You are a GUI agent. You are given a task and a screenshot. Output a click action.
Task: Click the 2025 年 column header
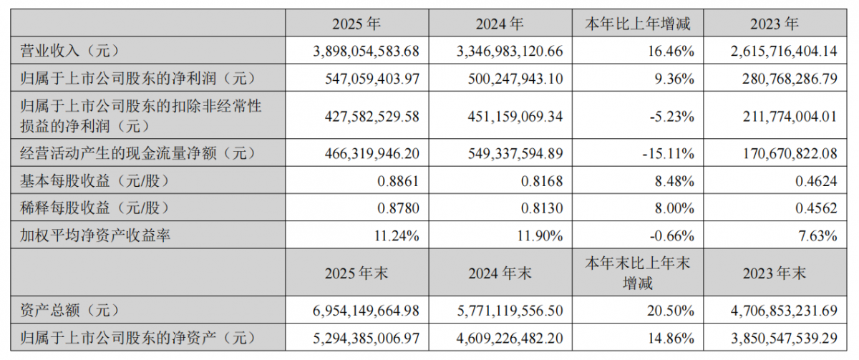pyautogui.click(x=356, y=24)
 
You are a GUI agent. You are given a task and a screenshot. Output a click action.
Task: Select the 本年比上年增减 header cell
pyautogui.click(x=637, y=24)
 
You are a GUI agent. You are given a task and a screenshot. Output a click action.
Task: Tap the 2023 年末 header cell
pyautogui.click(x=775, y=273)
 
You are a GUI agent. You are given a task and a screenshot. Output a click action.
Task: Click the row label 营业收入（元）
pyautogui.click(x=69, y=51)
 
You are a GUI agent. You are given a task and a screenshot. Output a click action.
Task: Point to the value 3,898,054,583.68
pyautogui.click(x=367, y=51)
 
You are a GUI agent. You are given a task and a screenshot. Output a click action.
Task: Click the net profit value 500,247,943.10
pyautogui.click(x=515, y=79)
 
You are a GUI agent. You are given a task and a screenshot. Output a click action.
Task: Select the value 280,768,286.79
pyautogui.click(x=790, y=79)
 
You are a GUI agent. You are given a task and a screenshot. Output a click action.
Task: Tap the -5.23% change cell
pyautogui.click(x=672, y=116)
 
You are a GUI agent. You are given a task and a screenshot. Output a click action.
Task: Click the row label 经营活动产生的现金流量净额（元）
pyautogui.click(x=137, y=153)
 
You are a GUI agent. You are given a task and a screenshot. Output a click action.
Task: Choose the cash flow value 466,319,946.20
pyautogui.click(x=372, y=154)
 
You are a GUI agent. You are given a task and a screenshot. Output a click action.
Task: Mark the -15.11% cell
pyautogui.click(x=669, y=154)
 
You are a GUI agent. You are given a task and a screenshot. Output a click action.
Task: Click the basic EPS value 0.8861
pyautogui.click(x=398, y=181)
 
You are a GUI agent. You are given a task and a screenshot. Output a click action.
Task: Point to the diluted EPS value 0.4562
pyautogui.click(x=816, y=208)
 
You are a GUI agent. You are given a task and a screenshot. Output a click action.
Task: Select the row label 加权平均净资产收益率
pyautogui.click(x=95, y=235)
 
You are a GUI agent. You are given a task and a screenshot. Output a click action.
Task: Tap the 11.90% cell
pyautogui.click(x=540, y=235)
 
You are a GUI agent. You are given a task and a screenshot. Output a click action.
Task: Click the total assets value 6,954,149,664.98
pyautogui.click(x=367, y=311)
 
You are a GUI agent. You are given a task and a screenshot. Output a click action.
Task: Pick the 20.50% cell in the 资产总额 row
pyautogui.click(x=671, y=311)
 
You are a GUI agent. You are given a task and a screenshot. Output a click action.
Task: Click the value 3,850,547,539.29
pyautogui.click(x=785, y=338)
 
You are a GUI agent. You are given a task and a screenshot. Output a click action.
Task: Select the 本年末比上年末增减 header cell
pyautogui.click(x=637, y=273)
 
